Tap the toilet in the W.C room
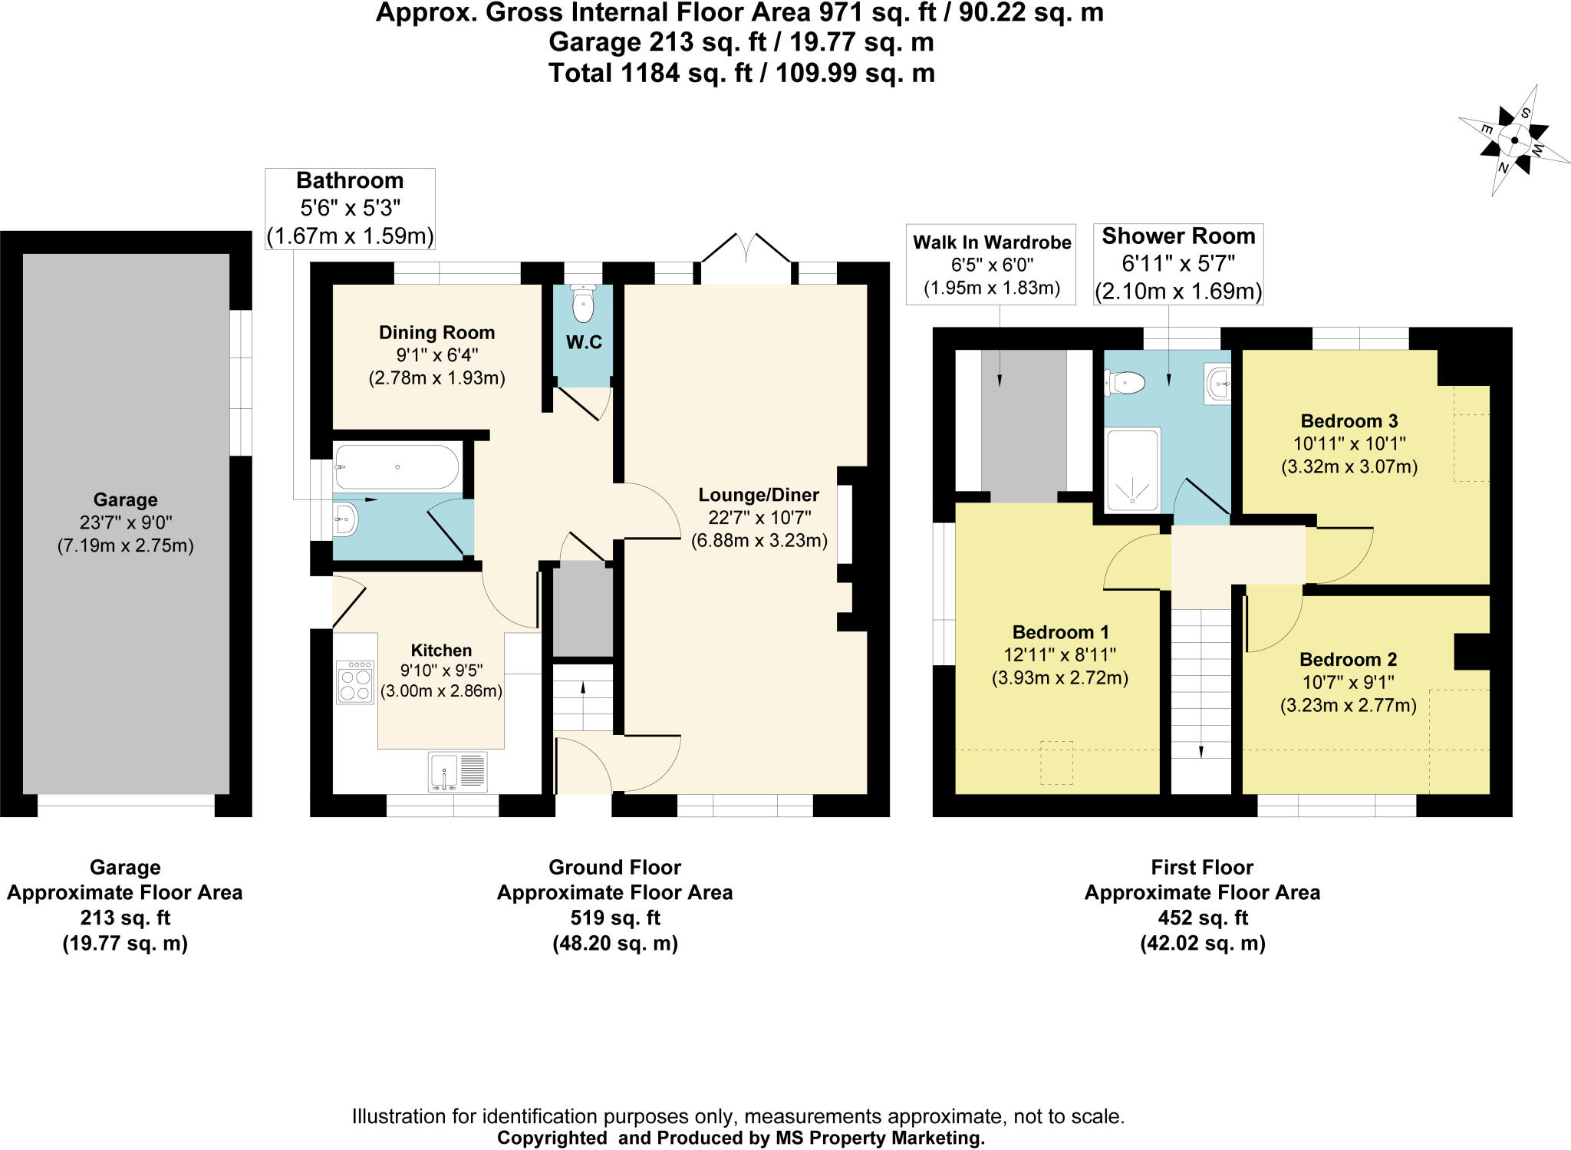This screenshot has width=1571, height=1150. tap(584, 306)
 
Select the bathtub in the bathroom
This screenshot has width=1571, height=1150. tap(397, 466)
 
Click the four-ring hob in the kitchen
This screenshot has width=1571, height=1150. tap(355, 682)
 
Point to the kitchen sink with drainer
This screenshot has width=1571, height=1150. tap(458, 772)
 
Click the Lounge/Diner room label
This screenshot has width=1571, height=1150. tap(759, 495)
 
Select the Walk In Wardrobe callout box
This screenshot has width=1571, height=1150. tap(991, 265)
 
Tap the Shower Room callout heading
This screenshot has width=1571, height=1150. tap(1178, 236)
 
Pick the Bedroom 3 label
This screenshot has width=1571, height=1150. tap(1349, 420)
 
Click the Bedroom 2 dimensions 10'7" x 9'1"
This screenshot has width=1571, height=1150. tap(1348, 682)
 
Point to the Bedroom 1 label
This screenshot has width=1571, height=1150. tap(1060, 632)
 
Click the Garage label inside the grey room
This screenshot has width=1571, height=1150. tap(125, 499)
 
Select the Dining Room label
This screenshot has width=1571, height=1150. tap(436, 332)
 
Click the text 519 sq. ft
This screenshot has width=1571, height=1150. tap(614, 918)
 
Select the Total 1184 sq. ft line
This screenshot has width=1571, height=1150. tap(741, 74)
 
